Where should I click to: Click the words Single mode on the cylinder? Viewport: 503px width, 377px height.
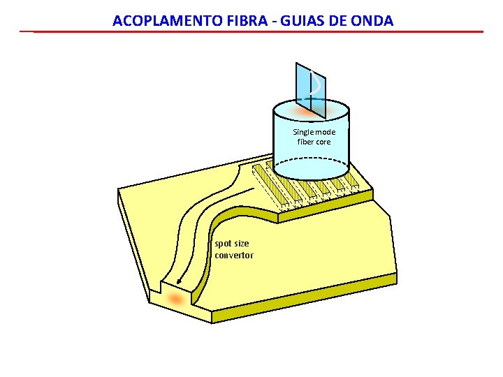pyautogui.click(x=314, y=132)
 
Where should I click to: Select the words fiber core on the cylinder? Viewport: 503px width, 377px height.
pyautogui.click(x=314, y=142)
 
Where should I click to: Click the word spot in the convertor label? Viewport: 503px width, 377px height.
pyautogui.click(x=223, y=244)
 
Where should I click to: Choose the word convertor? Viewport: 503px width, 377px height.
pyautogui.click(x=234, y=255)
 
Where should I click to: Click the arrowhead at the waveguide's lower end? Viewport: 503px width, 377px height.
pyautogui.click(x=179, y=283)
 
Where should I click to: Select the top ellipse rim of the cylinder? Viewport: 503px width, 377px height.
pyautogui.click(x=310, y=101)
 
